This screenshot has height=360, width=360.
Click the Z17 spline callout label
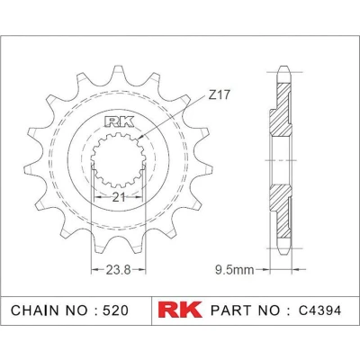click(x=220, y=95)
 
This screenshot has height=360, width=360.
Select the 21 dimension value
click(x=118, y=197)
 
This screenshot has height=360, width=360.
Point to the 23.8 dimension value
click(x=118, y=270)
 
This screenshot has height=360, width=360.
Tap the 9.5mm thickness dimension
click(x=235, y=270)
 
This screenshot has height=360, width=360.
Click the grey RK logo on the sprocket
click(x=119, y=122)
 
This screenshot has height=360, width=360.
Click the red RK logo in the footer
click(x=180, y=310)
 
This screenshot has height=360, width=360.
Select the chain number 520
click(x=115, y=310)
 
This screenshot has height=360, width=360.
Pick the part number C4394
click(x=319, y=310)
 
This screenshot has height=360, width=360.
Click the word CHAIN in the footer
click(x=35, y=310)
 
